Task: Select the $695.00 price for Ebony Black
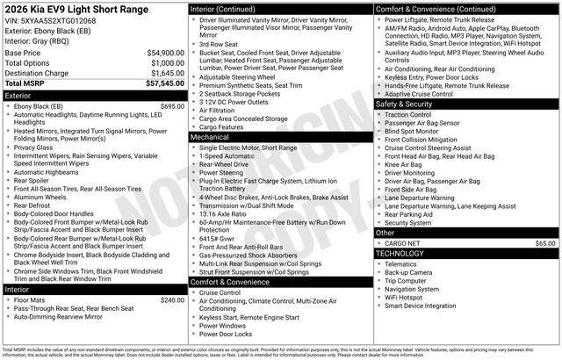(172, 106)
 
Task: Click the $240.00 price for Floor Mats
(172, 300)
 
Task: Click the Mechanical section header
(210, 137)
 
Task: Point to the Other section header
(385, 233)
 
